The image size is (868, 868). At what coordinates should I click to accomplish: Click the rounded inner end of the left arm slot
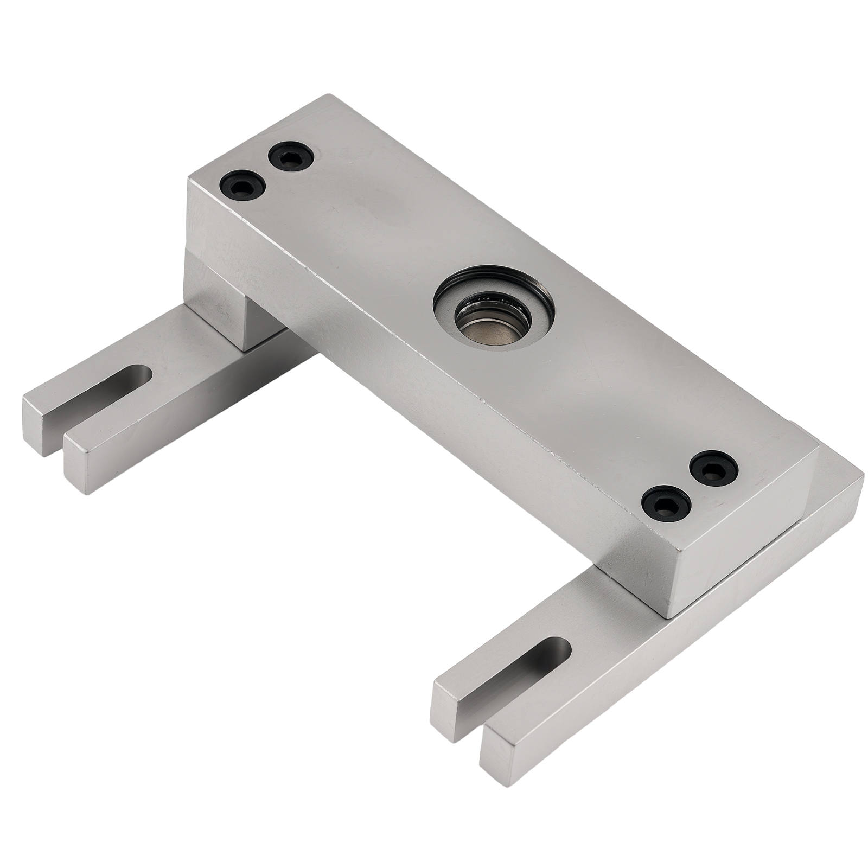(x=144, y=374)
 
